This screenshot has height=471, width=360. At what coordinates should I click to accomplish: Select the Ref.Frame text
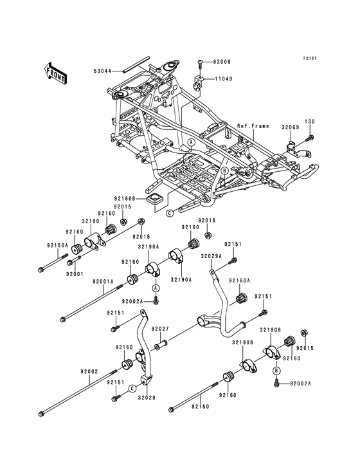coord(253,127)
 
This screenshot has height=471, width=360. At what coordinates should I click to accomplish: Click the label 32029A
coord(210,255)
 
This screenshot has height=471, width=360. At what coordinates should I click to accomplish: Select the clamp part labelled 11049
coord(200,81)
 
